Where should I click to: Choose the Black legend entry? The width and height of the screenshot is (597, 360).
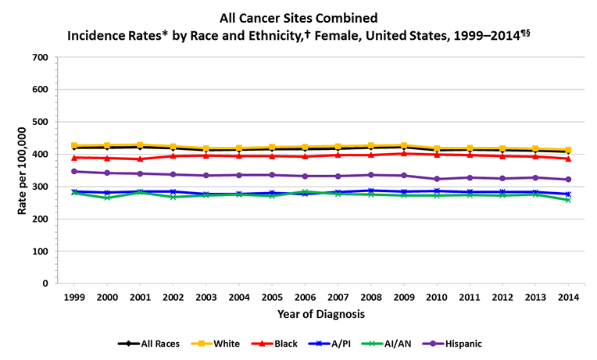tap(278, 343)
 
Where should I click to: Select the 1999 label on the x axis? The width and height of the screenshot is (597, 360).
tap(74, 298)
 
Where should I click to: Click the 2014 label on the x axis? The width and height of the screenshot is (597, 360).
tap(568, 298)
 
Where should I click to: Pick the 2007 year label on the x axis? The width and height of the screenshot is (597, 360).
tap(338, 298)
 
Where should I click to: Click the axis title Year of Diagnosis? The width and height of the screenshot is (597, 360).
tap(320, 314)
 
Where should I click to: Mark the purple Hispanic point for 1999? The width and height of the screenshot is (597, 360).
tap(74, 172)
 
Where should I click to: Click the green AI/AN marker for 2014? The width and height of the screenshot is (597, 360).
tap(568, 200)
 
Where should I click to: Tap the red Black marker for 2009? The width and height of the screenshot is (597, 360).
tap(403, 154)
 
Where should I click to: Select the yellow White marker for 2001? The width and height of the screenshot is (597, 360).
tap(140, 145)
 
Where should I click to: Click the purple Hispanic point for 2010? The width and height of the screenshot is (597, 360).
tap(436, 180)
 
